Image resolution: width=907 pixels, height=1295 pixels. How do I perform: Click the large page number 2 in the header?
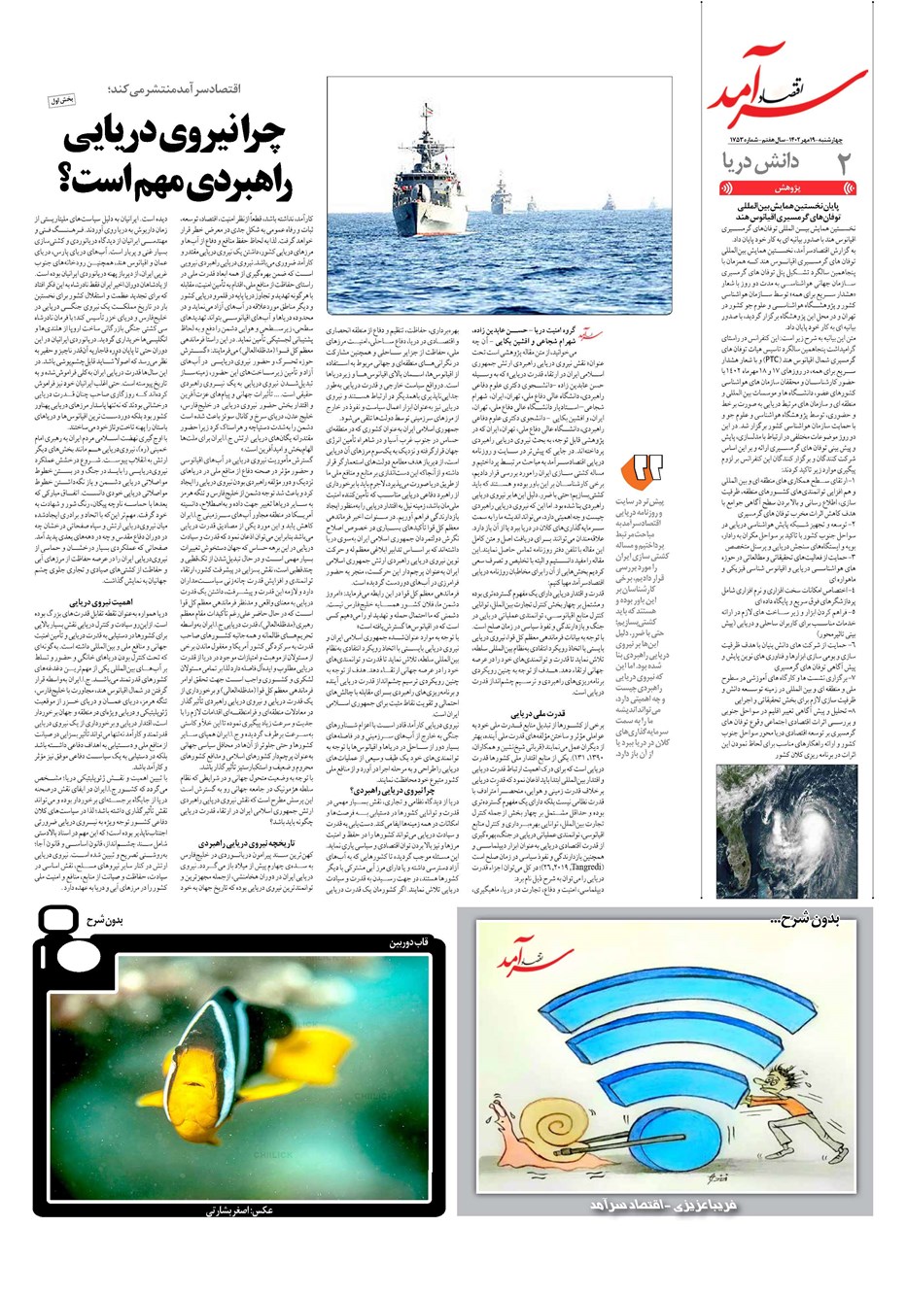[844, 162]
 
